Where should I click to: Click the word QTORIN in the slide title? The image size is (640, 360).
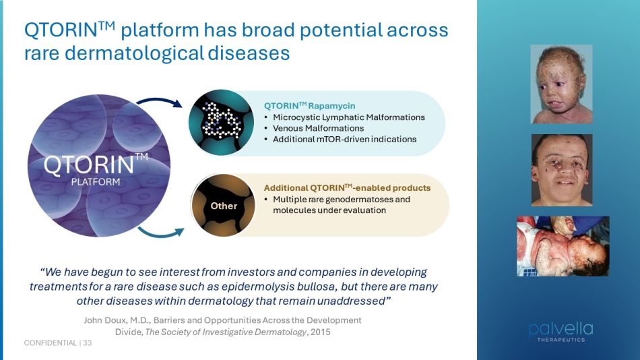pos(61,30)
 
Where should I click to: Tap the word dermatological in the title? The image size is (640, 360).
pos(134,53)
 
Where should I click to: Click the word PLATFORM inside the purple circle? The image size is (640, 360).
pos(96,182)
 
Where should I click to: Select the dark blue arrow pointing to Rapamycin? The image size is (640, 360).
pos(159,102)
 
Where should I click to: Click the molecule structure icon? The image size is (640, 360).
pos(221,121)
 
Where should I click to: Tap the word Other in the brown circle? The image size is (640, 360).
pos(224,206)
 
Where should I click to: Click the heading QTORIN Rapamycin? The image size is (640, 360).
pos(309,106)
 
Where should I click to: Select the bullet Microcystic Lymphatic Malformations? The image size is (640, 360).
pos(348,117)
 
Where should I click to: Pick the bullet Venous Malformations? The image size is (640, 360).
pos(319,128)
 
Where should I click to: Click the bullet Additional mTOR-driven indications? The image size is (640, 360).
pos(344,140)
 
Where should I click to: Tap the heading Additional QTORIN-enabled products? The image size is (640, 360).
pos(347,188)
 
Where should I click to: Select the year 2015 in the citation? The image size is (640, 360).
pos(321,332)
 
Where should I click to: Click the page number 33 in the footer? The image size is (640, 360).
pos(88,343)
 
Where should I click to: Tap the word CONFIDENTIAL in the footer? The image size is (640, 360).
pos(51,343)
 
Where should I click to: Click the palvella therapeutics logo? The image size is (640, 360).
pos(561,332)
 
